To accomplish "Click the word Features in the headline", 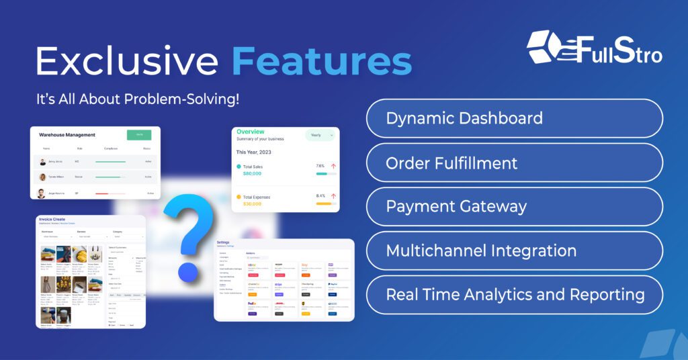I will pos(322,61).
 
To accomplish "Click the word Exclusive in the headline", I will pos(128,61).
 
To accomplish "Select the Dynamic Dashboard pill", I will pos(514,119).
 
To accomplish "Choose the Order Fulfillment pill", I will pos(514,163).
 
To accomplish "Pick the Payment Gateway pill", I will pos(514,207).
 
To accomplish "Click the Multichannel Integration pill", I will pos(514,251).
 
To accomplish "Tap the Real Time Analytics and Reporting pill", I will pos(514,295).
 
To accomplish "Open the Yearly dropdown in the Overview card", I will pos(320,135).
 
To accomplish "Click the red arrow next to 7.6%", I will pos(333,166).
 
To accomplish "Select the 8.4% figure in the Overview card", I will pos(320,196).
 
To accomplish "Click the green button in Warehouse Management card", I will pos(139,134).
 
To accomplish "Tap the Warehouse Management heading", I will pos(67,135).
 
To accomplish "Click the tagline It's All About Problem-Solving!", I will pos(138,99).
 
